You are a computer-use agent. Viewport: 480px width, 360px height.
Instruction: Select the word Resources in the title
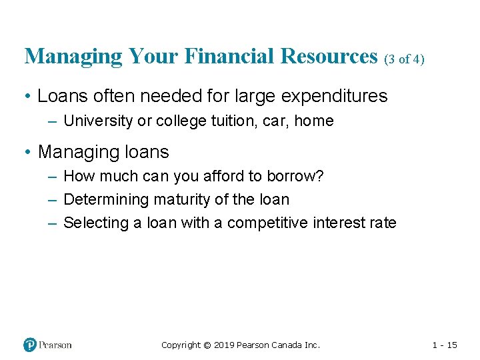pyautogui.click(x=329, y=57)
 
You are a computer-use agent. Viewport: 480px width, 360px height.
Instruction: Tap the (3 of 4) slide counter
pyautogui.click(x=404, y=59)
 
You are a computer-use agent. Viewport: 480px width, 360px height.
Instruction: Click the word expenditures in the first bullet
pyautogui.click(x=334, y=96)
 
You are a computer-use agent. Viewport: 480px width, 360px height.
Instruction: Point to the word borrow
pyautogui.click(x=300, y=177)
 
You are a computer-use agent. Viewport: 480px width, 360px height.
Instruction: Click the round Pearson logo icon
pyautogui.click(x=30, y=345)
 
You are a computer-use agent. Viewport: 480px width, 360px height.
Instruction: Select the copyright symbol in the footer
pyautogui.click(x=207, y=345)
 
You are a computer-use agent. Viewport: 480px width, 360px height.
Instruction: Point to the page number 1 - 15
pyautogui.click(x=445, y=345)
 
